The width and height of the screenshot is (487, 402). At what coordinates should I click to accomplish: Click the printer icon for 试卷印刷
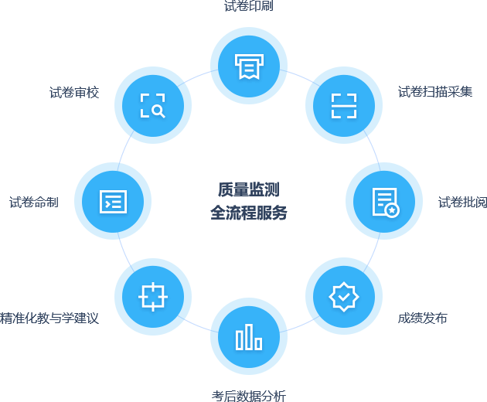pos(249,66)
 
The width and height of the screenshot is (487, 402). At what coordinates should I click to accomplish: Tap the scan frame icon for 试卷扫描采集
pos(344,105)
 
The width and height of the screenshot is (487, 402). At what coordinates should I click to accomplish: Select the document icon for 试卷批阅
pos(384,201)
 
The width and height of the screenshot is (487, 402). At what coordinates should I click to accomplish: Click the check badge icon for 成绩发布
pos(344,296)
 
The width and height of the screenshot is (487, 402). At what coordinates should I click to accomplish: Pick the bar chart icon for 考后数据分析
pos(249,336)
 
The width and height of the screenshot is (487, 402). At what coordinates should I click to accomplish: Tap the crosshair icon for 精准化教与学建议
pos(153,296)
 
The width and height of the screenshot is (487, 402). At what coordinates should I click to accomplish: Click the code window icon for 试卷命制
pos(113,201)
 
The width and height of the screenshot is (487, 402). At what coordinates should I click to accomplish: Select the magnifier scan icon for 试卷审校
pos(153,105)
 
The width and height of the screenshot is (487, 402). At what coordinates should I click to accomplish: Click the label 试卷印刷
pos(248,7)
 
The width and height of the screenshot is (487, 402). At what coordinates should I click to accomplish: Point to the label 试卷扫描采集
pos(435,92)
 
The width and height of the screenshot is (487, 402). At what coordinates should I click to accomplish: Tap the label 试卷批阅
pos(462,203)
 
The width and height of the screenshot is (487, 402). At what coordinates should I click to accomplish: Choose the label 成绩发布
pos(423,319)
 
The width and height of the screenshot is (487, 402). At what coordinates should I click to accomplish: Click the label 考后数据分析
pos(248,396)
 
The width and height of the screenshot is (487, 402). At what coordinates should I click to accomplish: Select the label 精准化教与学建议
pos(49,319)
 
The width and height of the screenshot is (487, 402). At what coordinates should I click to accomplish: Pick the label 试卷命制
pos(34,203)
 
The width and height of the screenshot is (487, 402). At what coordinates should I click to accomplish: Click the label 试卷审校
pos(74,93)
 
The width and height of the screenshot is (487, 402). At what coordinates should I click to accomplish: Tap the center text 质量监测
pos(248,189)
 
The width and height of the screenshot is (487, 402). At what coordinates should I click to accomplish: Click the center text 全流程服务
pos(248,213)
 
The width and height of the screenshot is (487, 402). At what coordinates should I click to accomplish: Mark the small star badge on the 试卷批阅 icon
pos(393,210)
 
